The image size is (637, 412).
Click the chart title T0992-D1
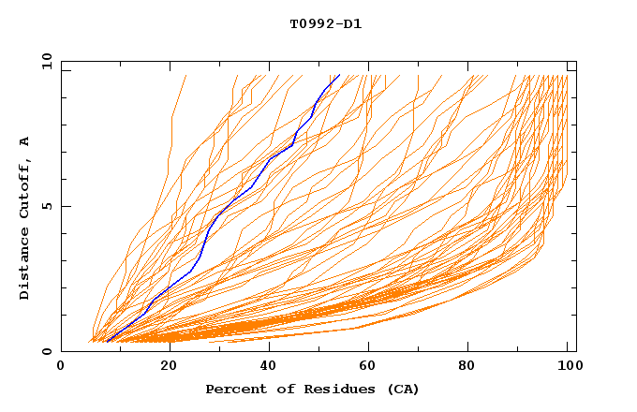(325, 24)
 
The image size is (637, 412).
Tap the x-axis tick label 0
(61, 367)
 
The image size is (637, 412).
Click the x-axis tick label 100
(568, 367)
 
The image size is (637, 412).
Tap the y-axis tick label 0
(47, 352)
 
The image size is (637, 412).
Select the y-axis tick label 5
(47, 206)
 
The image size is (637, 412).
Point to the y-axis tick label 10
(44, 61)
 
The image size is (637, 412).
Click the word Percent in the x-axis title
(233, 390)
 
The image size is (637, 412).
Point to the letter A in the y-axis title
(25, 141)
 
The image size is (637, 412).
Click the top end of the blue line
(339, 76)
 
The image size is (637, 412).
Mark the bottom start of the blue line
(108, 342)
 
